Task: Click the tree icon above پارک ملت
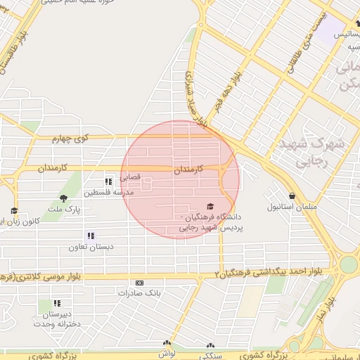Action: coord(64,198)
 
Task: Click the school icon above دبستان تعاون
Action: coord(90,236)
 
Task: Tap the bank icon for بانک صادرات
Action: coord(139,282)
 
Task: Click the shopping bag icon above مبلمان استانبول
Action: coord(292,196)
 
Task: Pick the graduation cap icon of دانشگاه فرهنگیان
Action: coord(211,205)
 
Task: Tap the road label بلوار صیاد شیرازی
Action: coord(197,98)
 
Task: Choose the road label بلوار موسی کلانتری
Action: coord(42,276)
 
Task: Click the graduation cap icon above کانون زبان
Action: coord(14,210)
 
